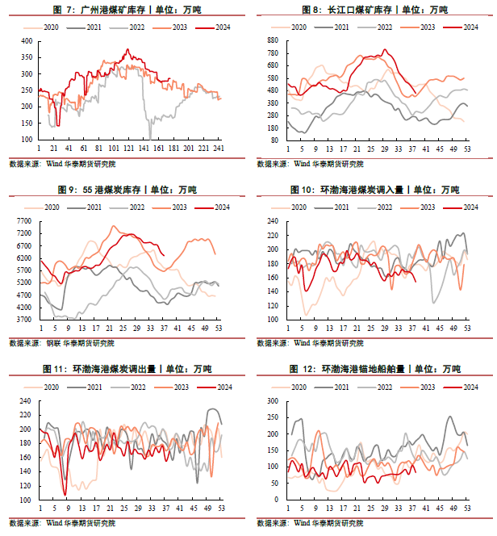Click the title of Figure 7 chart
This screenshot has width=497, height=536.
(126, 10)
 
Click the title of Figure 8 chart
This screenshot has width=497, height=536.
(374, 10)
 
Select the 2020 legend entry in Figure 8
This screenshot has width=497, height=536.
(299, 27)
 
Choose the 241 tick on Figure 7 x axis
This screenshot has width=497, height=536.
(218, 149)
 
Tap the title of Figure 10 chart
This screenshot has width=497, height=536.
(374, 190)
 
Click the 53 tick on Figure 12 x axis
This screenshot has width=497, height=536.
(467, 509)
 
